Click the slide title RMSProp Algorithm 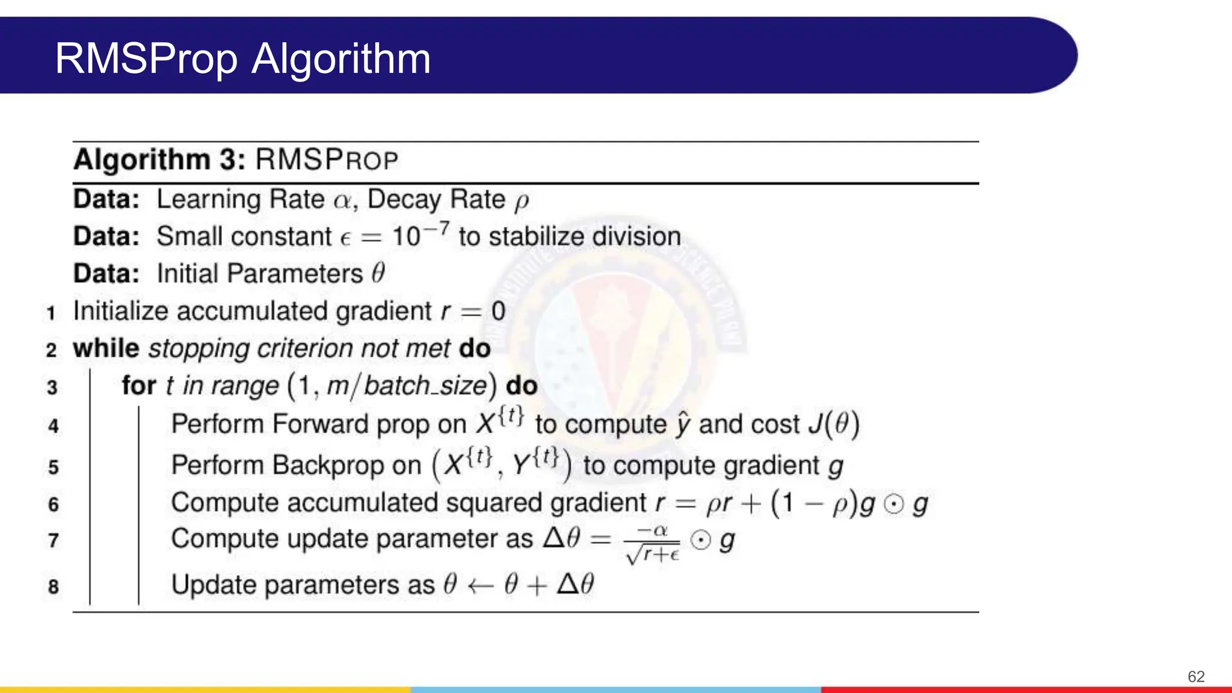coord(242,59)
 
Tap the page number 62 coord(1196,677)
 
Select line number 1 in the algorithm coord(51,313)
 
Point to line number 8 coord(53,587)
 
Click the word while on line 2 coord(106,349)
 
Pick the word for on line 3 coord(139,386)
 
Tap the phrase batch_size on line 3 coord(425,386)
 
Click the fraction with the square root coord(653,543)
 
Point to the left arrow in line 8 coord(481,585)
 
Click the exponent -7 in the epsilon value coord(437,229)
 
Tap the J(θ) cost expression coord(834,424)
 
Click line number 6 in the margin coord(53,504)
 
